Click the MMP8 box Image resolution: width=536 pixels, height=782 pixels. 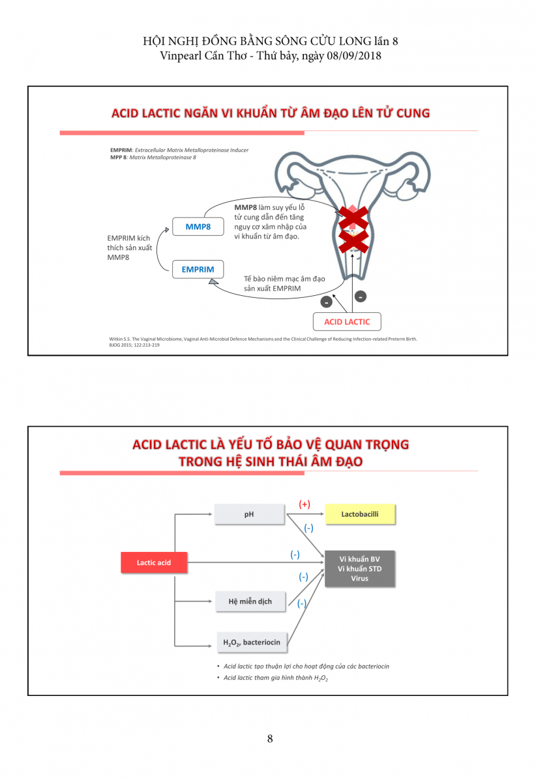pyautogui.click(x=197, y=227)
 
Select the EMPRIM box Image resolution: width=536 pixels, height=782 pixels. pyautogui.click(x=198, y=269)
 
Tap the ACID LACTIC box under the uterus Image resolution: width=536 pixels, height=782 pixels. pyautogui.click(x=347, y=322)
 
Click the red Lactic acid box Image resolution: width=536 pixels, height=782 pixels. pyautogui.click(x=154, y=562)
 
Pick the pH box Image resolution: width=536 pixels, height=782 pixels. pyautogui.click(x=249, y=514)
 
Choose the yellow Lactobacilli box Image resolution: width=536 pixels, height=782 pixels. pyautogui.click(x=360, y=514)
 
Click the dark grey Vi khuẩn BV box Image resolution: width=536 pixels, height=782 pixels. pyautogui.click(x=359, y=569)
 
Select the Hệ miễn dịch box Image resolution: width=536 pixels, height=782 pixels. pyautogui.click(x=250, y=601)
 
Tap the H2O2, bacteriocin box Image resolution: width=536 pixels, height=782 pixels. pyautogui.click(x=252, y=643)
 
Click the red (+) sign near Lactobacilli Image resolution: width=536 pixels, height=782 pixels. pyautogui.click(x=305, y=504)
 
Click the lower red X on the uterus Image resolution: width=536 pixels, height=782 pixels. pyautogui.click(x=353, y=241)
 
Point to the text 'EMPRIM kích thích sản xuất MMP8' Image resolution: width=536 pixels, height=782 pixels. pyautogui.click(x=128, y=248)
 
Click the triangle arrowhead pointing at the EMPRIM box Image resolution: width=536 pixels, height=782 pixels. pyautogui.click(x=213, y=282)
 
